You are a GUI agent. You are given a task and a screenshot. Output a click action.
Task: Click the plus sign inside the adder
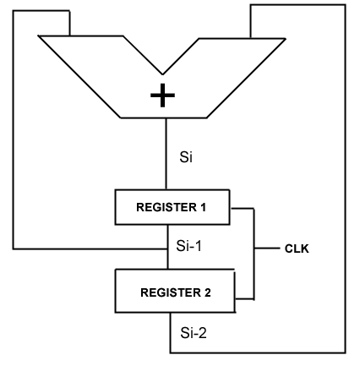(x=162, y=96)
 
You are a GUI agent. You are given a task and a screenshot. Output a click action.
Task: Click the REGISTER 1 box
(x=172, y=207)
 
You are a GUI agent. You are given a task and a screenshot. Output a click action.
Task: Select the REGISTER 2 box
(x=175, y=291)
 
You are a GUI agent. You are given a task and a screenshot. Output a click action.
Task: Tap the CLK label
(x=297, y=249)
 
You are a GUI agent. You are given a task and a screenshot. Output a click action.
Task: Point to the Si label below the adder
(x=186, y=157)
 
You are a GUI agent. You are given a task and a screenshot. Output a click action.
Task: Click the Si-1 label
(x=188, y=246)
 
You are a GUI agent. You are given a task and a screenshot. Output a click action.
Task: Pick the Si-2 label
(x=194, y=333)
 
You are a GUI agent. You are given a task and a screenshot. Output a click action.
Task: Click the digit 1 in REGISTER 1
(x=203, y=207)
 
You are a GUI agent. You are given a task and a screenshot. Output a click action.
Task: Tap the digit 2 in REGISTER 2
(x=207, y=292)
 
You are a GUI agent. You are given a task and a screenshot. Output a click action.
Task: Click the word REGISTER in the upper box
(x=166, y=207)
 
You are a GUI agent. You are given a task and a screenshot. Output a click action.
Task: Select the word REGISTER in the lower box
(x=171, y=292)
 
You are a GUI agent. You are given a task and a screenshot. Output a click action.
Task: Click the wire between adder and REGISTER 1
(x=166, y=154)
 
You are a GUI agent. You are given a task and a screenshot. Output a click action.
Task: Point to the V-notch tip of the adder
(x=162, y=74)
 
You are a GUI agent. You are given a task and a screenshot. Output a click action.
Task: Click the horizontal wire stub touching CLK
(x=267, y=249)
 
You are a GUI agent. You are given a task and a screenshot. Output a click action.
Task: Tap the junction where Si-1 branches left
(x=168, y=249)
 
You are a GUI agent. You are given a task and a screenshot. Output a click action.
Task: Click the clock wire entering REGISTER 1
(x=242, y=209)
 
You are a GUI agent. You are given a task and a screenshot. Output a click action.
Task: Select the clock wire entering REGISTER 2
(x=244, y=298)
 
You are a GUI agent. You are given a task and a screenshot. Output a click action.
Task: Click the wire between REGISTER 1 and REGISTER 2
(x=168, y=247)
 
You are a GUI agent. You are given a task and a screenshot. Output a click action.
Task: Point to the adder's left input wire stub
(x=69, y=23)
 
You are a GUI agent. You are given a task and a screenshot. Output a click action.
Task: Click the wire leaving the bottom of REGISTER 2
(x=170, y=332)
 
